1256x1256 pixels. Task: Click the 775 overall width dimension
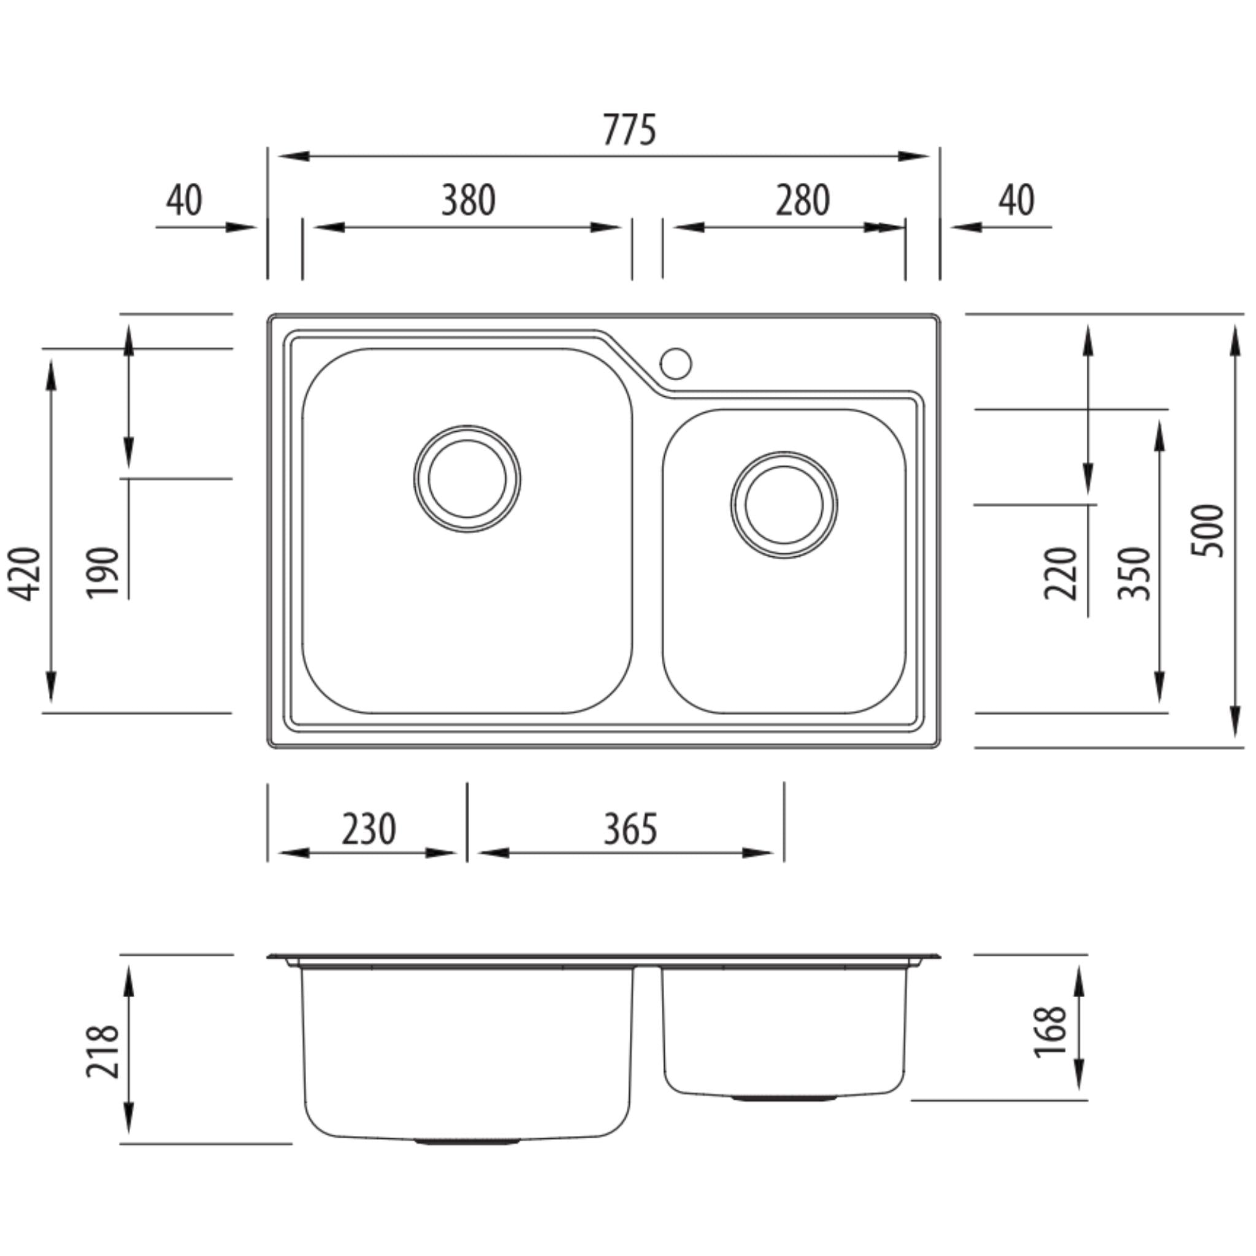(629, 129)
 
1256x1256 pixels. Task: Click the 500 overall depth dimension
(1207, 530)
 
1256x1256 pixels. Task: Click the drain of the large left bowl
(467, 478)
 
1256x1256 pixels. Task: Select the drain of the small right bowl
(783, 505)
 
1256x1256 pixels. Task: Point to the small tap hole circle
(675, 364)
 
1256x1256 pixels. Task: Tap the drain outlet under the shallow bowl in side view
(783, 1098)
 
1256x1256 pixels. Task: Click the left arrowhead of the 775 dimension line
(293, 156)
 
